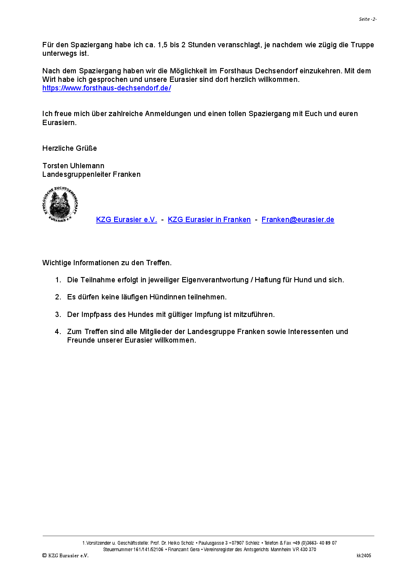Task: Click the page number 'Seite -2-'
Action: click(x=367, y=19)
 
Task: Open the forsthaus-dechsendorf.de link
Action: click(x=106, y=88)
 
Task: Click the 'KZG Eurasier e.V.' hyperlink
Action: click(x=126, y=220)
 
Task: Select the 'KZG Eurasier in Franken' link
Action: click(x=209, y=220)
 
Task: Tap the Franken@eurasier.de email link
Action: click(x=298, y=220)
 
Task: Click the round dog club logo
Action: click(x=60, y=205)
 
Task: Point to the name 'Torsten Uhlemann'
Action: click(x=73, y=166)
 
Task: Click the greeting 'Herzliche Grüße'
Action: click(x=70, y=148)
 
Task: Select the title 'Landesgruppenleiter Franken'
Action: click(x=91, y=174)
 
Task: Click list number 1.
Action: click(x=58, y=280)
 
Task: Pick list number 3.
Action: click(x=58, y=314)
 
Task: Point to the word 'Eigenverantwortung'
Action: click(x=215, y=280)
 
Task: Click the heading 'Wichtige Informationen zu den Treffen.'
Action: click(x=107, y=263)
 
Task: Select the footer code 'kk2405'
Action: click(x=364, y=556)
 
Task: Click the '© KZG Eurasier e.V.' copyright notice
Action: click(x=65, y=556)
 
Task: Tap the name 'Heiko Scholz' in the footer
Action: click(x=181, y=543)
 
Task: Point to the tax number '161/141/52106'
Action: click(x=148, y=550)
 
